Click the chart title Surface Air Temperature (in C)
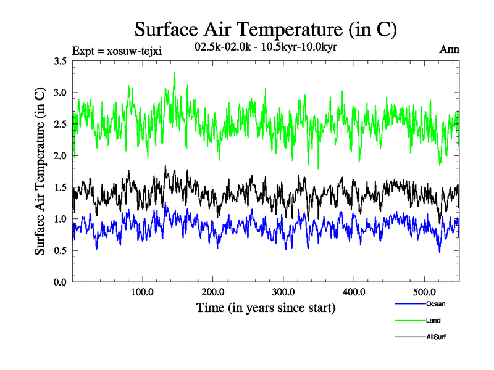coord(266,29)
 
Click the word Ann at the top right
coord(449,49)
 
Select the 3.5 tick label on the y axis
coord(61,61)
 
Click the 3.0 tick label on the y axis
coord(61,92)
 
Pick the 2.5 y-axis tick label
coord(61,124)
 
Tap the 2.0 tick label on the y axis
coord(61,156)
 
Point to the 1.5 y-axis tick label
coord(61,187)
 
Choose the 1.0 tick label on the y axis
coord(61,219)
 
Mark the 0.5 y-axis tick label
coord(61,250)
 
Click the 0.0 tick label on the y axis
coord(61,282)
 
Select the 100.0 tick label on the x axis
coord(143,292)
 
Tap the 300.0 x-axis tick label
coord(283,292)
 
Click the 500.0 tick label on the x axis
coord(424,292)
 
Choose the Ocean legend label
coord(435,304)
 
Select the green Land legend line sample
coord(408,321)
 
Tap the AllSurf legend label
coord(436,337)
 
